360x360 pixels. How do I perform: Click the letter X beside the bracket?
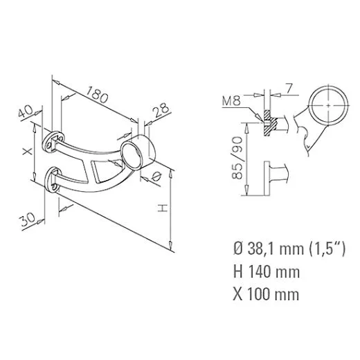[x=27, y=152]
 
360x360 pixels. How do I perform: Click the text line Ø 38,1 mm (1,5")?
[x=285, y=248]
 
